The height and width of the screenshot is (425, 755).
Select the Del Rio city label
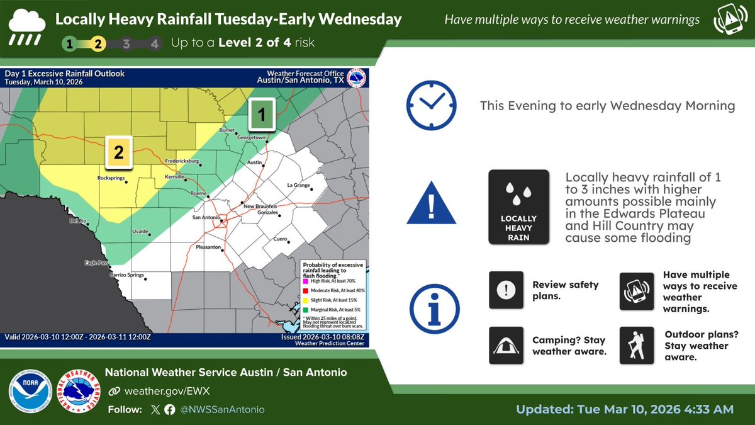77,221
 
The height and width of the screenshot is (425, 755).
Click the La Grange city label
299,185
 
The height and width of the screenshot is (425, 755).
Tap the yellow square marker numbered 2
119,152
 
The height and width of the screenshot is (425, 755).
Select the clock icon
430,105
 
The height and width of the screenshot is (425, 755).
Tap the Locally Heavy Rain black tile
518,207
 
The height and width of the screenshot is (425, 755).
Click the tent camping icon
506,345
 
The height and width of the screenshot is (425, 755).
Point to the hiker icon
637,345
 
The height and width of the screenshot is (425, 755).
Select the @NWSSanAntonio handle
223,409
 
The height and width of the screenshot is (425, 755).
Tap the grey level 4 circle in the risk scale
155,44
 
